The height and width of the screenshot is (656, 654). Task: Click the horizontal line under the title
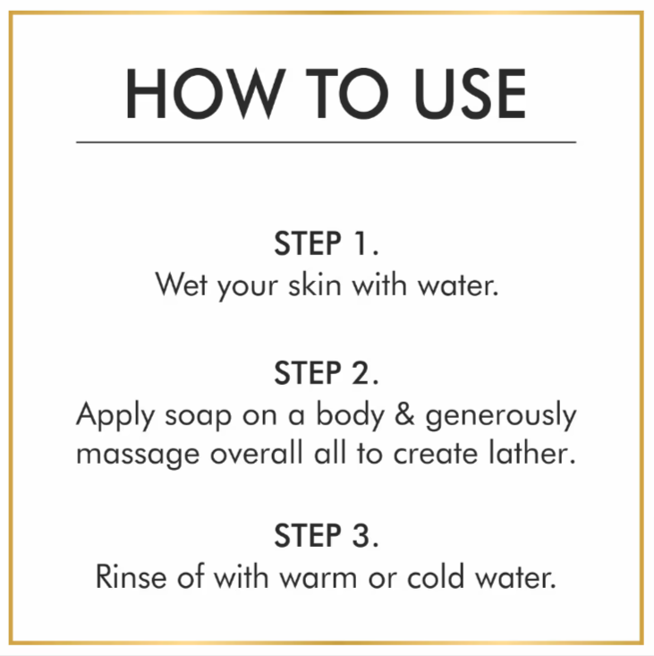[x=327, y=142]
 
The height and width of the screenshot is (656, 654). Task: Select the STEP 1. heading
[x=327, y=243]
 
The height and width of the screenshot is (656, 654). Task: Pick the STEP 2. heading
[x=327, y=372]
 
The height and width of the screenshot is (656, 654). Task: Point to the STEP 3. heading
[x=327, y=535]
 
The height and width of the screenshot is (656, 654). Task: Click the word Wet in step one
[x=182, y=285]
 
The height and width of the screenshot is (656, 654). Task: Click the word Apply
[x=115, y=416]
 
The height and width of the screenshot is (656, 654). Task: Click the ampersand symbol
[x=404, y=414]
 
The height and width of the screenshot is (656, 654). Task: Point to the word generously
[x=501, y=416]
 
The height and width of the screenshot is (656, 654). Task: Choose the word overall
[x=257, y=453]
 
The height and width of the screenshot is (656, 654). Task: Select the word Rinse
[x=132, y=576]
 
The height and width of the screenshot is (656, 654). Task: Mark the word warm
[x=319, y=579]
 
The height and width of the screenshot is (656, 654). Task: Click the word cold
[x=436, y=576]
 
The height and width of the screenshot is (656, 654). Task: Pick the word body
[x=350, y=416]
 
